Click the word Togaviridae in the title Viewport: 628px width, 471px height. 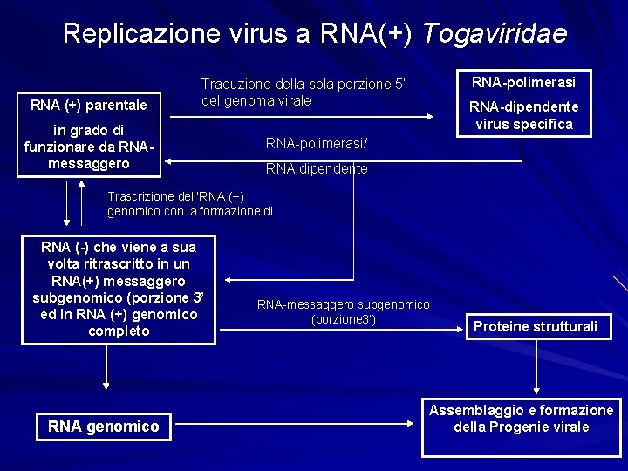[495, 34]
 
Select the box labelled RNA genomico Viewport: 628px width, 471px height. [104, 427]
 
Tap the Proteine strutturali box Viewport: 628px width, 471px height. [536, 327]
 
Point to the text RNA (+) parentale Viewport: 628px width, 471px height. [89, 106]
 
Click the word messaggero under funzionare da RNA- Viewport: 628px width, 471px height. [89, 164]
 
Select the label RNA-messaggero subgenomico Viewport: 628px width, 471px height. [343, 304]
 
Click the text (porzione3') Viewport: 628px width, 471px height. [343, 319]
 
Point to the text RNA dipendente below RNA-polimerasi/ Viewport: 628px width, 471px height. [317, 169]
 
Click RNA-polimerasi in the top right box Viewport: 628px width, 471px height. [523, 83]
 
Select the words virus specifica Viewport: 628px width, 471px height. [523, 124]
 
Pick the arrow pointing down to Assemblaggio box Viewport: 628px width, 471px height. [536, 371]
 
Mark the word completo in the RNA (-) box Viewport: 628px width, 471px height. [119, 331]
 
